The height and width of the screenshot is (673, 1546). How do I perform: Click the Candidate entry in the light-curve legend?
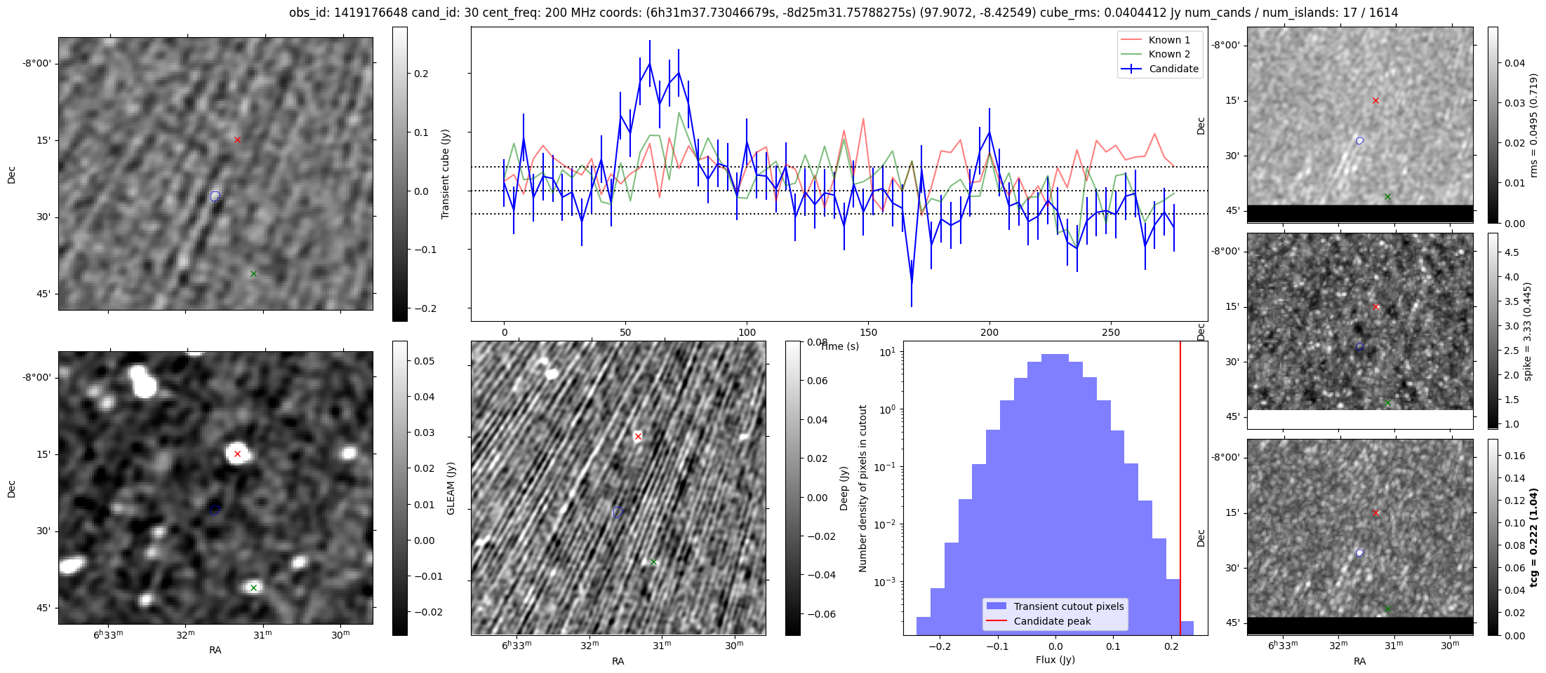[1173, 69]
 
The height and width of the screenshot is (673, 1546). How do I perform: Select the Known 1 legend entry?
[1168, 40]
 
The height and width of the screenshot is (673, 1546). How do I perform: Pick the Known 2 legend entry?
[1168, 54]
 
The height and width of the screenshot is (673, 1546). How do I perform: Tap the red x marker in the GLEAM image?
[237, 454]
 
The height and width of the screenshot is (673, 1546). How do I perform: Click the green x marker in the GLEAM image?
[253, 587]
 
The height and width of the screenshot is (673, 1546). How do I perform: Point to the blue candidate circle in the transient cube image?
[215, 196]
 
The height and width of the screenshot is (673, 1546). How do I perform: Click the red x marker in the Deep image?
[638, 436]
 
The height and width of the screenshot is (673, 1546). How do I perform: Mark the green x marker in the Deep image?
[653, 562]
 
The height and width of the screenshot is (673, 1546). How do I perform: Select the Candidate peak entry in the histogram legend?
[1052, 621]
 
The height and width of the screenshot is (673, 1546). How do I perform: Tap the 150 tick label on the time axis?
[868, 332]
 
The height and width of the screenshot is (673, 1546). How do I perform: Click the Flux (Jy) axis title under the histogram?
[1055, 660]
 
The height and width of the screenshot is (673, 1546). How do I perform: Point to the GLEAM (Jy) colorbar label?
[451, 488]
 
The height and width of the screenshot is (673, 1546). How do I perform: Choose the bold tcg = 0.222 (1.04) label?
[1534, 537]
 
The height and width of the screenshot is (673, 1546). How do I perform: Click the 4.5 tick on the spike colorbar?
[1512, 252]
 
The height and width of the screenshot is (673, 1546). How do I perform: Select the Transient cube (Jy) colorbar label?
[445, 174]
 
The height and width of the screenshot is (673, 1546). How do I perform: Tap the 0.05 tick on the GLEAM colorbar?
[425, 361]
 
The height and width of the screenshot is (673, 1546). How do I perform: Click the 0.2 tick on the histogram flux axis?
[1171, 646]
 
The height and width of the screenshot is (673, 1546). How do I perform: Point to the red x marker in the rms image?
[1375, 100]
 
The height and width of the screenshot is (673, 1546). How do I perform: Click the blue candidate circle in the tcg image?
[1359, 553]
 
